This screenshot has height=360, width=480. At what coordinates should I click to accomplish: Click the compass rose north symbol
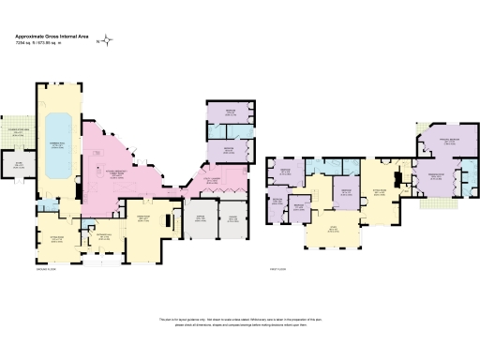108,39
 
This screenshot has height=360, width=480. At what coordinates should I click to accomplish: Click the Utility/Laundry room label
207,179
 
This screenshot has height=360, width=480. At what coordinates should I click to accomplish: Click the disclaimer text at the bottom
240,322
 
